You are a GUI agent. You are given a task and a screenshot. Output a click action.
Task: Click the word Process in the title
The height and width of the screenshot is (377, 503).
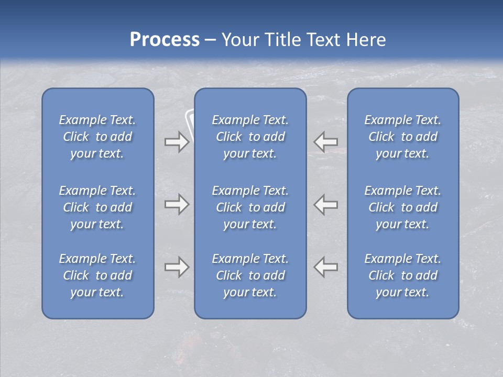point(165,40)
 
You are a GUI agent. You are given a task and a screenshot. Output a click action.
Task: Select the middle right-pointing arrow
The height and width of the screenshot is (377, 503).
point(177,204)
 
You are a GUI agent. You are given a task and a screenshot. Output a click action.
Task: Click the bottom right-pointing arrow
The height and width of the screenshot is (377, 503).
point(177,267)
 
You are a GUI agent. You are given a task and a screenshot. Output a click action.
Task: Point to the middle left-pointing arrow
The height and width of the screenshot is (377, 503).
point(326,204)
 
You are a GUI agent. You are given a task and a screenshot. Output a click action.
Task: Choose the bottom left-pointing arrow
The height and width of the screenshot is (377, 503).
point(326,267)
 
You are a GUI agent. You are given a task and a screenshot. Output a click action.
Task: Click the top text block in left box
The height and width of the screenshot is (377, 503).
point(97,137)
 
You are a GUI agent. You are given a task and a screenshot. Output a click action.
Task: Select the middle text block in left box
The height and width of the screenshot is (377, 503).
point(97,207)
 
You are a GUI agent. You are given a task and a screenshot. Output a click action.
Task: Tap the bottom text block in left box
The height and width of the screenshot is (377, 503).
point(97,275)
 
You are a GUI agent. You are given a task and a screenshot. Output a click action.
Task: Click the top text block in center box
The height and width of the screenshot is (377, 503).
point(250,137)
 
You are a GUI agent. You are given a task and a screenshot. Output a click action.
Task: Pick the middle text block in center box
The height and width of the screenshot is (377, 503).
point(250,207)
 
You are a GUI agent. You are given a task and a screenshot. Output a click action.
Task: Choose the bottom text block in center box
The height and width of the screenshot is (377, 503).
point(250,275)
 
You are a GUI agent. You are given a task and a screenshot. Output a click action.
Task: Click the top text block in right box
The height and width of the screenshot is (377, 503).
point(402,137)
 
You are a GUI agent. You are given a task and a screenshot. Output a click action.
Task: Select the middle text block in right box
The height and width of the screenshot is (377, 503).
point(402,207)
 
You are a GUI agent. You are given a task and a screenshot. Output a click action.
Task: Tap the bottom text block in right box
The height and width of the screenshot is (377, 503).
point(402,275)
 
